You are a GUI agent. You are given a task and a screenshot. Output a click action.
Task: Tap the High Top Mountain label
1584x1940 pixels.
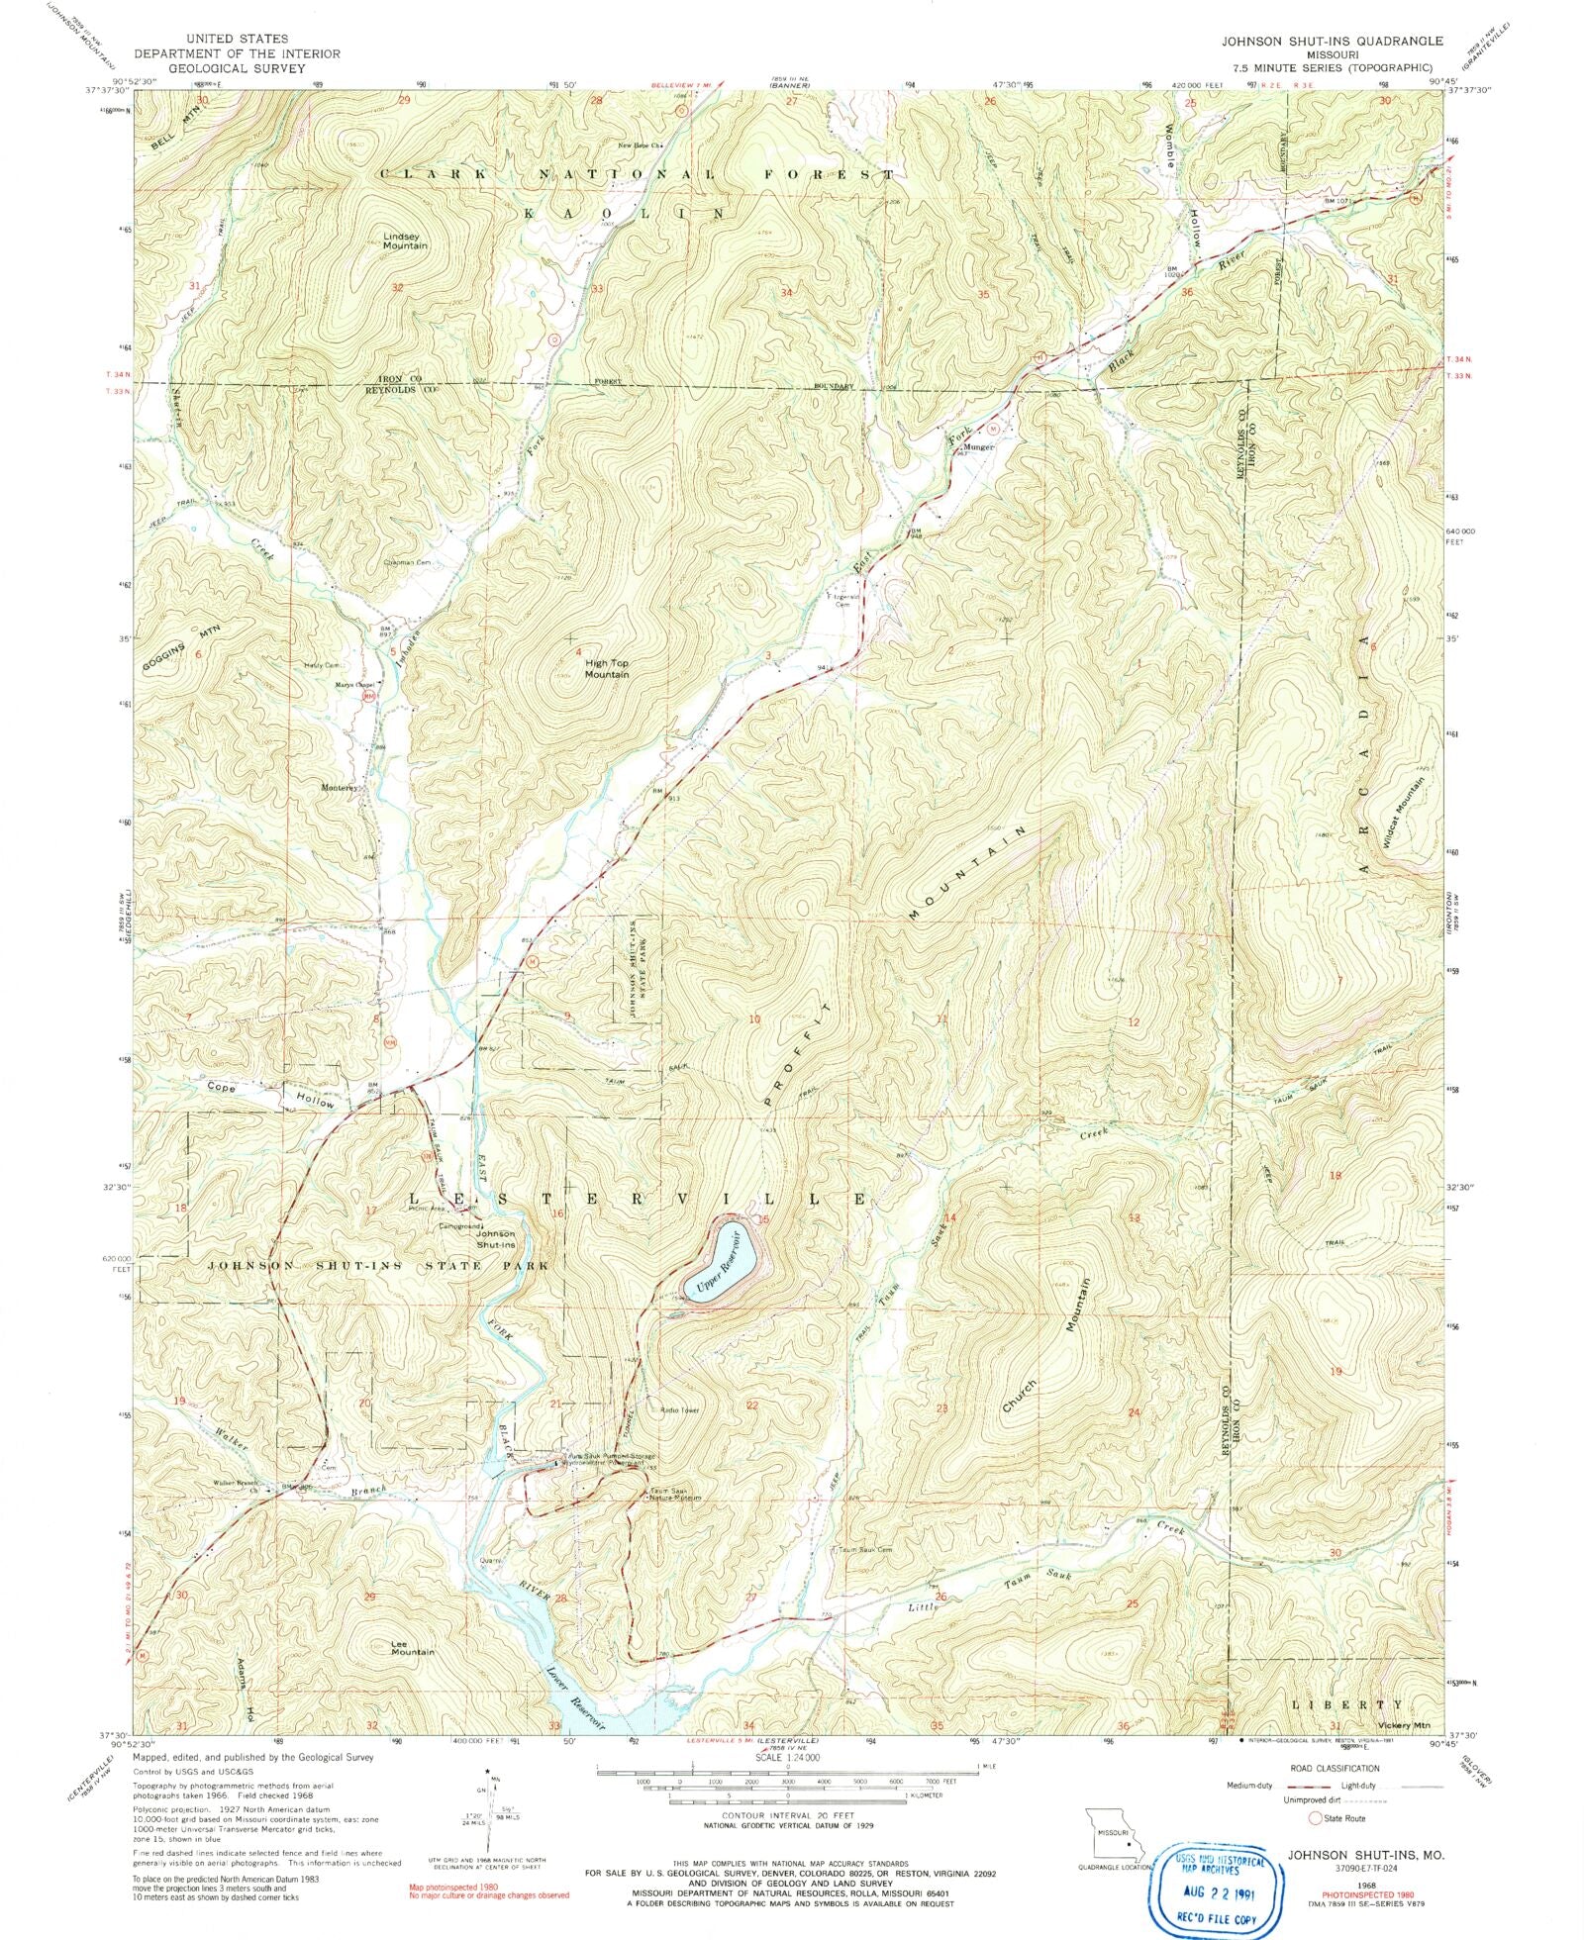(607, 668)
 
